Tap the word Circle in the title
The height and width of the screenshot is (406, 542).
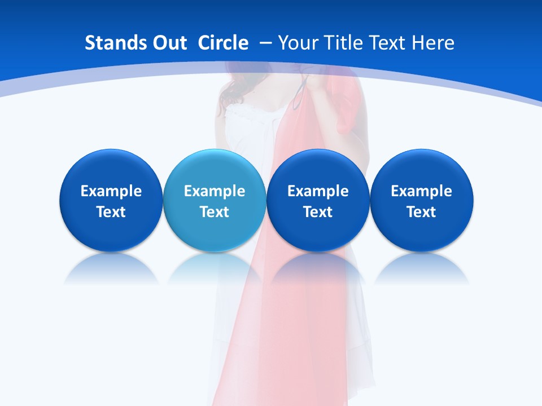[x=223, y=43]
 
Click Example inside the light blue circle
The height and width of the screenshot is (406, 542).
[x=215, y=191]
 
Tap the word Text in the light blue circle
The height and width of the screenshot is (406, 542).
[x=215, y=212]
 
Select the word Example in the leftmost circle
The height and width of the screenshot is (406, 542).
[x=111, y=191]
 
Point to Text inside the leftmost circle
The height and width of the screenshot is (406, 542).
[x=111, y=212]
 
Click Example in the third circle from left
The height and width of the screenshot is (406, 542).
[x=318, y=191]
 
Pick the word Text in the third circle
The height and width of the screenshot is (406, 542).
[x=318, y=212]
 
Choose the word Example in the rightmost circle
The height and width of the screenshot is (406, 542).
[x=421, y=191]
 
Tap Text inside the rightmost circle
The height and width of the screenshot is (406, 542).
[x=421, y=212]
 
